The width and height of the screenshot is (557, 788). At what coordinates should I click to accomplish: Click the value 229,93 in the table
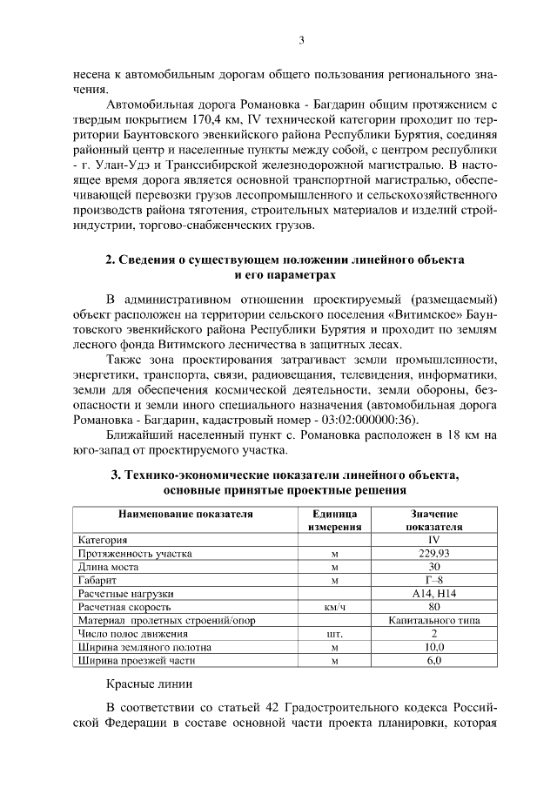[434, 553]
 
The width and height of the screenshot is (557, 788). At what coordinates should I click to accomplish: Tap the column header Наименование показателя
[185, 515]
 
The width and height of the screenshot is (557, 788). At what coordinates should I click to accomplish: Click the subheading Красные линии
[149, 684]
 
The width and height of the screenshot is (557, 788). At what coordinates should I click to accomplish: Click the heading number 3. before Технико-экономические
[115, 475]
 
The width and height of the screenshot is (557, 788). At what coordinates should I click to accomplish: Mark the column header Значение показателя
[434, 520]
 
